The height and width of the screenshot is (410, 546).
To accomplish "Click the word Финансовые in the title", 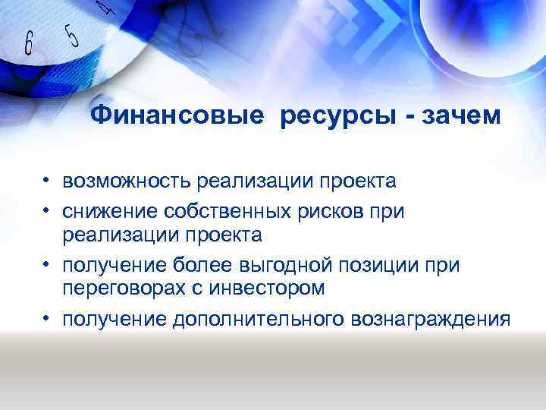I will point(177,116).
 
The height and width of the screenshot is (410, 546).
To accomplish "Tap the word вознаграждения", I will point(431,318).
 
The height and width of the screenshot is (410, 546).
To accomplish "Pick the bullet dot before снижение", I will point(46,211).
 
